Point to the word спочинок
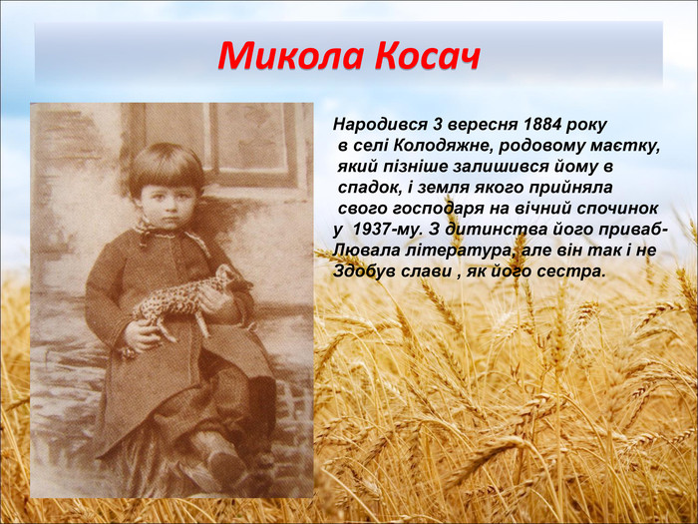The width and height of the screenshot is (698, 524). [619, 209]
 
